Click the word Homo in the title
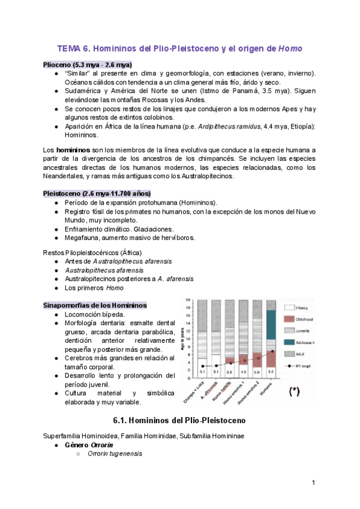(290, 49)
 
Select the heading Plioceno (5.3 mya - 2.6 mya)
(87, 64)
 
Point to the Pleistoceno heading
(97, 193)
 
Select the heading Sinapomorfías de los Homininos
(95, 306)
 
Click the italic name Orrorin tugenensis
(115, 454)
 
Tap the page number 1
(313, 483)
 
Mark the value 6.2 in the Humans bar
(271, 372)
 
